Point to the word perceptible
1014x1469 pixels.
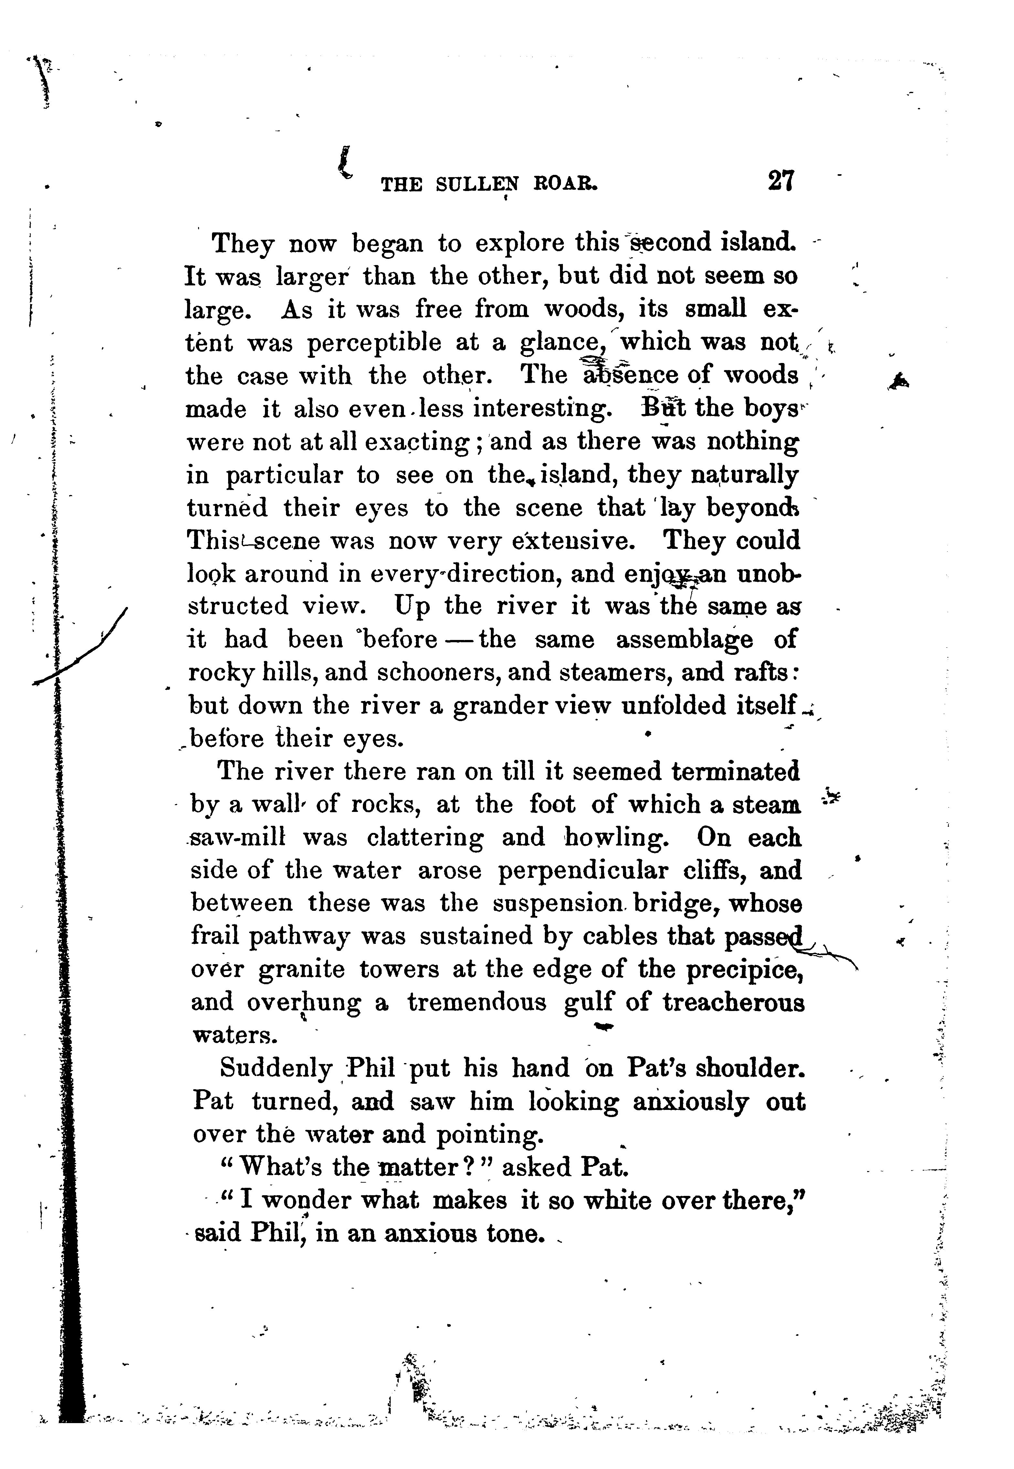[x=374, y=343]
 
